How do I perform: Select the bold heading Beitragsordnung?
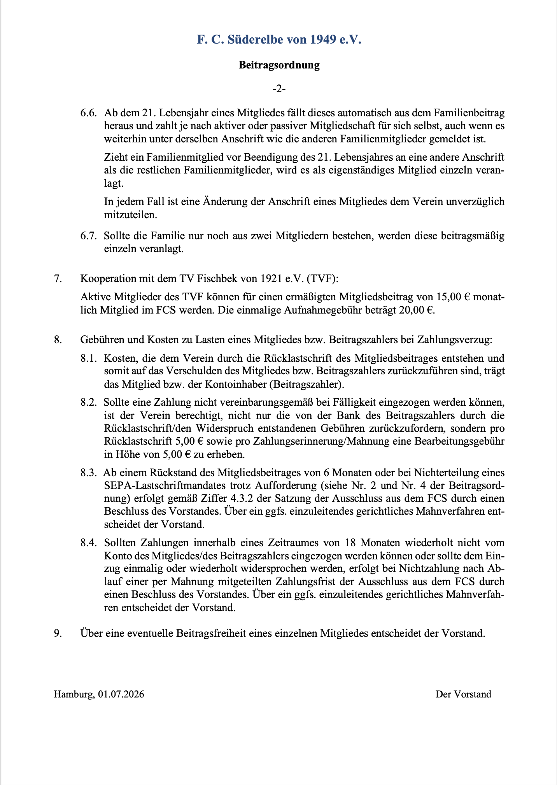point(279,65)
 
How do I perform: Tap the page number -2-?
point(279,89)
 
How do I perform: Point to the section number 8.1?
point(89,358)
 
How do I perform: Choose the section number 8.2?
point(89,402)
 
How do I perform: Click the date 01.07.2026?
point(121,694)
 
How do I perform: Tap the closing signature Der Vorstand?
point(463,694)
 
